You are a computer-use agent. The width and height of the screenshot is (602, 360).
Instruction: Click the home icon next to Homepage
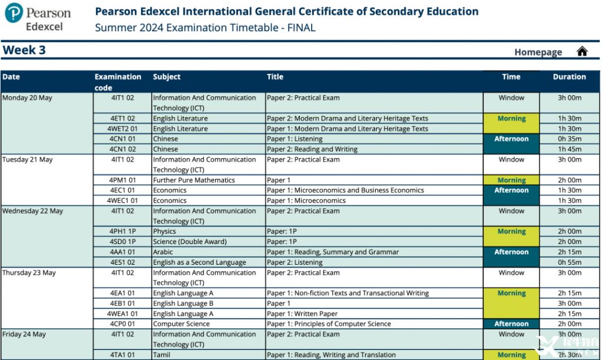pyautogui.click(x=582, y=51)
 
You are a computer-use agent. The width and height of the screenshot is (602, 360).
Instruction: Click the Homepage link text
pyautogui.click(x=538, y=52)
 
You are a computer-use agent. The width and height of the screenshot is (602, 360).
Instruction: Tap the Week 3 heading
pyautogui.click(x=24, y=50)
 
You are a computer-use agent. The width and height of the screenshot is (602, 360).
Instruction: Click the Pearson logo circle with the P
pyautogui.click(x=14, y=12)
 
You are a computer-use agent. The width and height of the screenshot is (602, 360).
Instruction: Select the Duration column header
pyautogui.click(x=569, y=76)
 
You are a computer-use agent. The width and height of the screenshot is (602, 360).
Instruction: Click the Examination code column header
pyautogui.click(x=118, y=82)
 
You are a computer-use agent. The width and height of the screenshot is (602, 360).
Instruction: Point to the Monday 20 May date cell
pyautogui.click(x=27, y=98)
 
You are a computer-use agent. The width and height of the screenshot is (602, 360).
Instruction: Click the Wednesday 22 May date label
pyautogui.click(x=32, y=211)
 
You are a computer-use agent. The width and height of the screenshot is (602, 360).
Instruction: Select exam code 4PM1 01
pyautogui.click(x=123, y=180)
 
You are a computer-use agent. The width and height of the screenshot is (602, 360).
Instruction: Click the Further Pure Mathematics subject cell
pyautogui.click(x=193, y=180)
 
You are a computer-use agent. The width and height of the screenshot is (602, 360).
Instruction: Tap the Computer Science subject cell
pyautogui.click(x=181, y=324)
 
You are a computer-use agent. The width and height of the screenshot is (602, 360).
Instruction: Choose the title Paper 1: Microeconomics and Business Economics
pyautogui.click(x=345, y=190)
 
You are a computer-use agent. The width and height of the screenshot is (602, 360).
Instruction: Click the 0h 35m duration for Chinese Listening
pyautogui.click(x=569, y=139)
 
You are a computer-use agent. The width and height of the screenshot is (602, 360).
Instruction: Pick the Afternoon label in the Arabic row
pyautogui.click(x=511, y=252)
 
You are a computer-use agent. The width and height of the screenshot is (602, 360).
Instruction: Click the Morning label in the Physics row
pyautogui.click(x=511, y=231)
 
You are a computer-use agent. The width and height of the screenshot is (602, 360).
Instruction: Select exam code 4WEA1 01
pyautogui.click(x=123, y=314)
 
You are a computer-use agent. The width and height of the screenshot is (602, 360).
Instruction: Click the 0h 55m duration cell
pyautogui.click(x=569, y=262)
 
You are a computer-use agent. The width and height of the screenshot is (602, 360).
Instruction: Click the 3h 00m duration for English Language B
pyautogui.click(x=569, y=304)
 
